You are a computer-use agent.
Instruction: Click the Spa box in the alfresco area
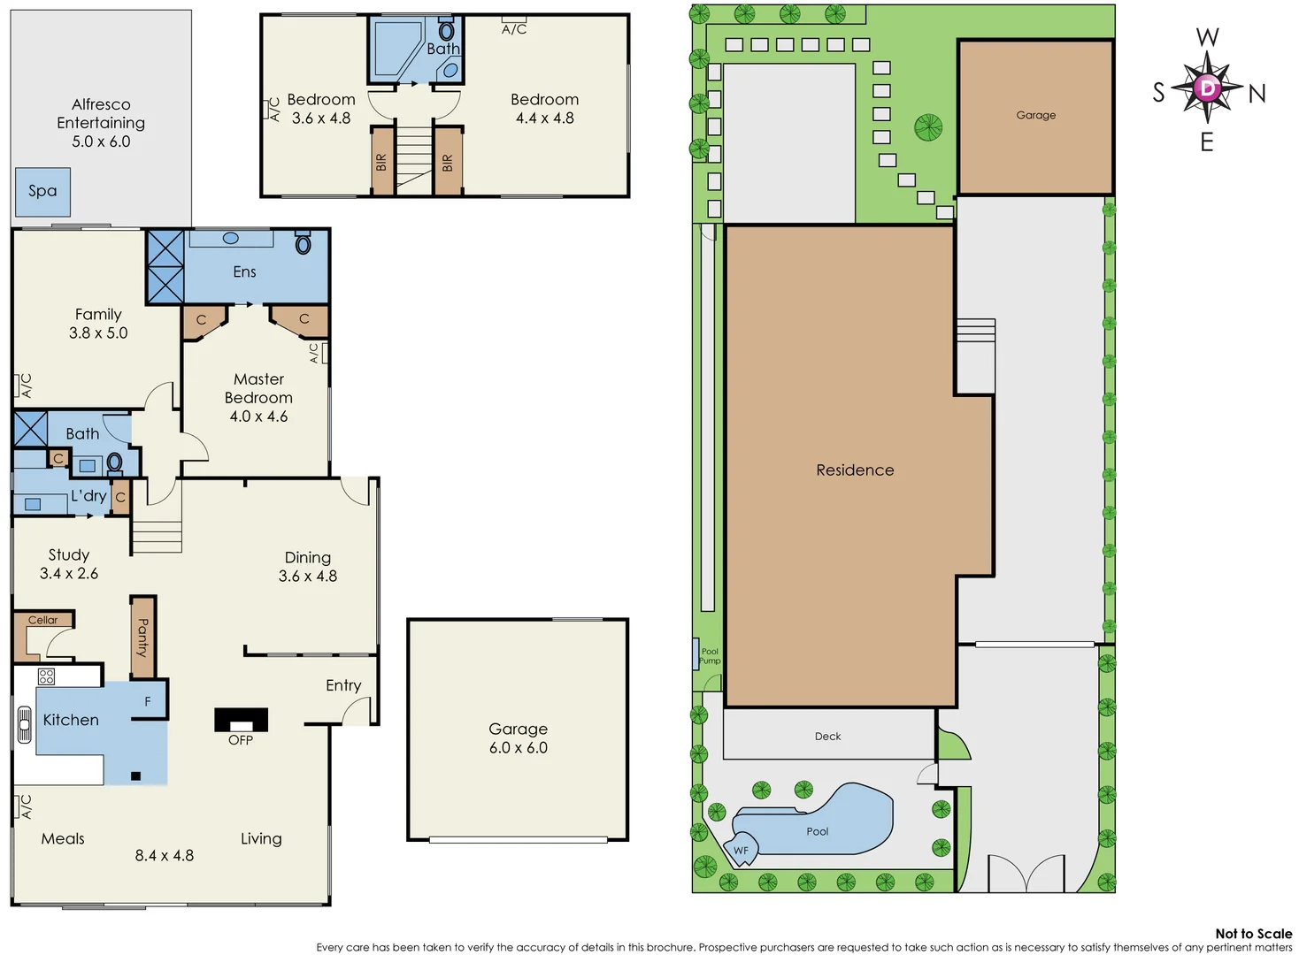tap(42, 192)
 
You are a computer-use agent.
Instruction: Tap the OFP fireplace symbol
tap(241, 720)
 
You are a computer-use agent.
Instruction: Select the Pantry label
tap(142, 637)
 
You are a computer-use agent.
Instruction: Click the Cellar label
tap(42, 620)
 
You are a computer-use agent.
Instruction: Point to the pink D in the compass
tap(1208, 88)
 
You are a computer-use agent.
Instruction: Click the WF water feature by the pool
tap(741, 851)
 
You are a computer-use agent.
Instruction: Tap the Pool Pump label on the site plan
tap(710, 656)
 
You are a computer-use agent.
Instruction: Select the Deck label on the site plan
tap(827, 736)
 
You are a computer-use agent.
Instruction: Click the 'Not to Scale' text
tap(1253, 933)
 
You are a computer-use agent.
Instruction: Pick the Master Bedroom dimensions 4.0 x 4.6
tap(258, 416)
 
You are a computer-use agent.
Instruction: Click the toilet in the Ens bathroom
tap(303, 243)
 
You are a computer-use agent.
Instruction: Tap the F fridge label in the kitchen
tap(148, 701)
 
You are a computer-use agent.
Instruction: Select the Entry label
tap(343, 685)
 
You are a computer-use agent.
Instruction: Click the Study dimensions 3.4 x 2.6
tap(69, 574)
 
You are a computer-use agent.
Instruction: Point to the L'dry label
tap(88, 496)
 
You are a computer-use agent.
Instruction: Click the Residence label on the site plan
tap(855, 470)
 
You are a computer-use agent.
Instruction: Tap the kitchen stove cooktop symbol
tap(47, 676)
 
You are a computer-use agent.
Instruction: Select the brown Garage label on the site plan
tap(1035, 115)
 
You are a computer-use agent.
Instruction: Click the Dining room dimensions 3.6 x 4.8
tap(307, 577)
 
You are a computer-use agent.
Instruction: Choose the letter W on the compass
tap(1207, 37)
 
